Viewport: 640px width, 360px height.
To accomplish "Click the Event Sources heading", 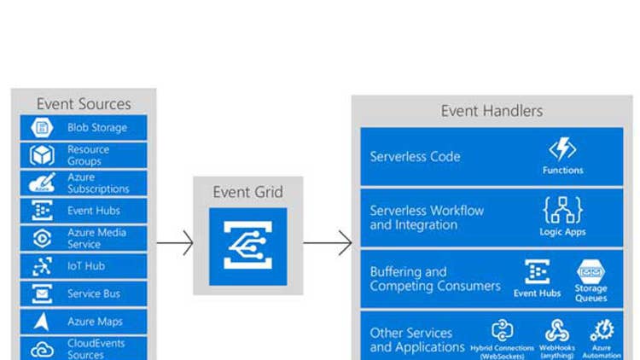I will [84, 104].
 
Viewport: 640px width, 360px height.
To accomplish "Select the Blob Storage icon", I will [42, 128].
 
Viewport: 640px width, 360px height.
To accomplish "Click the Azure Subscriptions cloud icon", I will [42, 183].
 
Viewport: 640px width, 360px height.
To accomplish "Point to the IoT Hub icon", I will [42, 266].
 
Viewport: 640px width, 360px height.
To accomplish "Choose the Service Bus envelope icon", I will [42, 294].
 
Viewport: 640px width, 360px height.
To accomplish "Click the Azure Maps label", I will [95, 322].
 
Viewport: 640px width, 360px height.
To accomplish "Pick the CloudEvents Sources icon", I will [42, 349].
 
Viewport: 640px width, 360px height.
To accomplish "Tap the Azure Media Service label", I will [96, 238].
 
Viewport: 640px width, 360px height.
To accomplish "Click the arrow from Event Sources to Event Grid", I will [175, 243].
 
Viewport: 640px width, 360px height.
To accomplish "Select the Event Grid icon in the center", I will [247, 246].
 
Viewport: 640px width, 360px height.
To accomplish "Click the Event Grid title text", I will [247, 192].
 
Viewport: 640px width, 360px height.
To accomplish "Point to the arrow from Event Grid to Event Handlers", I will [328, 243].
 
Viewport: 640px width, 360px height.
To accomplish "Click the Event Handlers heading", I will [492, 111].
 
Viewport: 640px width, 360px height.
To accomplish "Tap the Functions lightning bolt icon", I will [562, 150].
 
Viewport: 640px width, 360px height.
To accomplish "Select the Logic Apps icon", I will [562, 210].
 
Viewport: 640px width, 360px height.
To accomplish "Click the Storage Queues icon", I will [591, 271].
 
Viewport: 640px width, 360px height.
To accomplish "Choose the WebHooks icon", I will [557, 330].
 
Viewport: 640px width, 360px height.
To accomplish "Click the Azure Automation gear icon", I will [602, 330].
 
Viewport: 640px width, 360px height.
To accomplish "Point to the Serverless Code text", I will [415, 157].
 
